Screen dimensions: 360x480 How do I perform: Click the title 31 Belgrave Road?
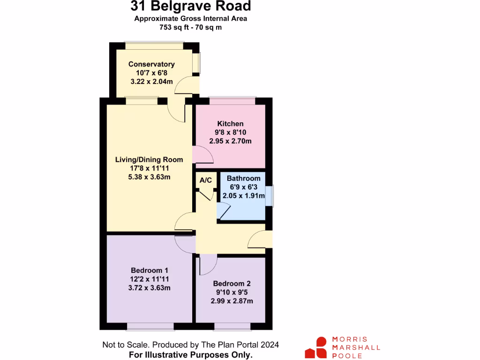click(x=190, y=7)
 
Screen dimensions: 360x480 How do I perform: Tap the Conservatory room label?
click(x=151, y=64)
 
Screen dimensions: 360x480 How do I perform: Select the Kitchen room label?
click(x=230, y=124)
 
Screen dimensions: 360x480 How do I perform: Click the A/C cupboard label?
click(x=206, y=180)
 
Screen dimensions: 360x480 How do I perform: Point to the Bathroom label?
click(x=243, y=179)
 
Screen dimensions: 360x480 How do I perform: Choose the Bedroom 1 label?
click(x=149, y=270)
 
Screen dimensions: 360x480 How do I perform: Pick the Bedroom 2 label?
click(x=232, y=284)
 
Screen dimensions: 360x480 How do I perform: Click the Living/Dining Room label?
click(x=149, y=160)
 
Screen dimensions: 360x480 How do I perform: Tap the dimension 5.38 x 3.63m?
click(x=149, y=177)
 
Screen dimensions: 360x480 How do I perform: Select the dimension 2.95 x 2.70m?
click(x=230, y=141)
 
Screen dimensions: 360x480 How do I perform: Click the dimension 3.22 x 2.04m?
click(x=151, y=82)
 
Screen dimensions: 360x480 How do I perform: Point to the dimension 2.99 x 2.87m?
click(x=232, y=301)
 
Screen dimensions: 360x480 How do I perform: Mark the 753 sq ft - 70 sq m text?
click(x=190, y=27)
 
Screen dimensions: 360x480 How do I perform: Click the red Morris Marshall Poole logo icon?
click(x=316, y=347)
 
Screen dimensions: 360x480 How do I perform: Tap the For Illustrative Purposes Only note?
click(x=190, y=355)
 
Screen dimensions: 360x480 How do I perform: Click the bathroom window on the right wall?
click(x=270, y=196)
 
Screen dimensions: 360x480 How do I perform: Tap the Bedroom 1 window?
click(x=150, y=327)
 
